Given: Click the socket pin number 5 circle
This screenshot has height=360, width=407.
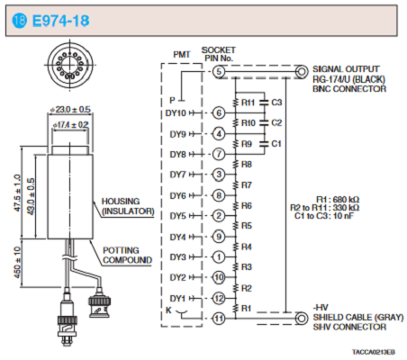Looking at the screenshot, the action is (219, 72).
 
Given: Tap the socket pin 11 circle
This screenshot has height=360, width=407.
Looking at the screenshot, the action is (219, 319).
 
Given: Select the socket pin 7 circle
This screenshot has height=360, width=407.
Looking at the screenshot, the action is (219, 154).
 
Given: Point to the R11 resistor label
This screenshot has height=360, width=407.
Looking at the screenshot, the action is (248, 103).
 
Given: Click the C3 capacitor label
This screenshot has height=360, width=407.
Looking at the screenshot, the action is (276, 103).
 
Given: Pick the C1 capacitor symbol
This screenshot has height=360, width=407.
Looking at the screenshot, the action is (265, 144).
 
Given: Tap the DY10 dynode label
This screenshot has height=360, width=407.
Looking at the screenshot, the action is (176, 113).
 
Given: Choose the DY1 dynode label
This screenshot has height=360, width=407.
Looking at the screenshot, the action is (177, 299).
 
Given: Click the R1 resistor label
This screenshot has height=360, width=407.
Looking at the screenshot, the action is (246, 309).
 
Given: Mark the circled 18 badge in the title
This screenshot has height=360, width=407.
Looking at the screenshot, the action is (19, 21).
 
